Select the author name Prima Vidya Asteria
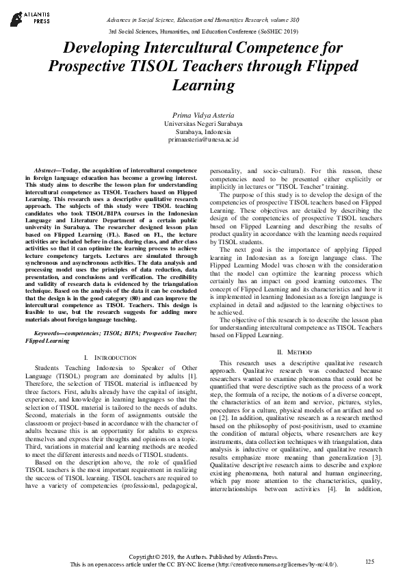tap(203, 114)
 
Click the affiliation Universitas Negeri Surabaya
tap(203, 123)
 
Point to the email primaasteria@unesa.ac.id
tap(203, 140)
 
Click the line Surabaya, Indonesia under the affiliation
tap(203, 131)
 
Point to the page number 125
tap(370, 561)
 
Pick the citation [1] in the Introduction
tap(193, 376)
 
